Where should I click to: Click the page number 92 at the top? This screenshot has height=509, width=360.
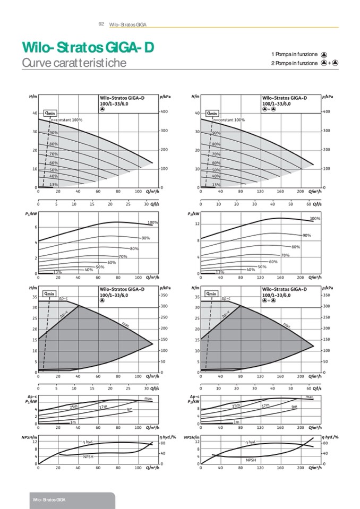pos(101,24)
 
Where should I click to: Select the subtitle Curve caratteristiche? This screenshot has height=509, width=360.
pos(74,63)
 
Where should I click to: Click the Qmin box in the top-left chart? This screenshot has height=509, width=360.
pos(50,113)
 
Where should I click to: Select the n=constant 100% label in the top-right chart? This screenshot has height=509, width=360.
pos(229,120)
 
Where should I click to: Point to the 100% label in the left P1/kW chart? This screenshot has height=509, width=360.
pos(153,222)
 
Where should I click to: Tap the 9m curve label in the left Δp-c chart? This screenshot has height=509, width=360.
pos(130,410)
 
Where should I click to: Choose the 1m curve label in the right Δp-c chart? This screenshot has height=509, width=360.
pos(236,422)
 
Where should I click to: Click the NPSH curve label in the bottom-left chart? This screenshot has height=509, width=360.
pos(88,456)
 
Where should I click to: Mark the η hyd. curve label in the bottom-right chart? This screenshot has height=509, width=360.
pos(251,442)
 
